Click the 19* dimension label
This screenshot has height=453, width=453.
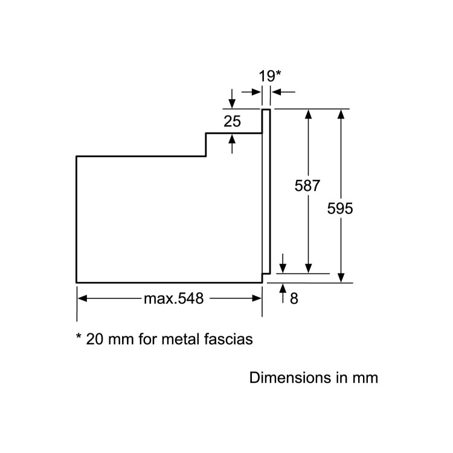pyautogui.click(x=269, y=76)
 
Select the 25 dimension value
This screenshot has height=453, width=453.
pyautogui.click(x=232, y=121)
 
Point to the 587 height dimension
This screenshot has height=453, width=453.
pyautogui.click(x=307, y=185)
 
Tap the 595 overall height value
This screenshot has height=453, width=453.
pyautogui.click(x=340, y=208)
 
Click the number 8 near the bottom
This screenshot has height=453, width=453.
pyautogui.click(x=294, y=298)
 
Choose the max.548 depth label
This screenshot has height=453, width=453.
pyautogui.click(x=173, y=298)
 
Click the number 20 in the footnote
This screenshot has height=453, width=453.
pyautogui.click(x=94, y=339)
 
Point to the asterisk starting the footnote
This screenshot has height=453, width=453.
pyautogui.click(x=79, y=336)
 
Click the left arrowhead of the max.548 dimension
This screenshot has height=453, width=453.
pyautogui.click(x=83, y=298)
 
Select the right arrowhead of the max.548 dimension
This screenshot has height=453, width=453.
pyautogui.click(x=257, y=298)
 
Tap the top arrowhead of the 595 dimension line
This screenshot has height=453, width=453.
pyautogui.click(x=341, y=114)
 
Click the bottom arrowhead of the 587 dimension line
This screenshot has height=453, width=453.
pyautogui.click(x=308, y=268)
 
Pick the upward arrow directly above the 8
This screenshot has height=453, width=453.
pyautogui.click(x=283, y=293)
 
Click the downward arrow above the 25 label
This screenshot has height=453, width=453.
pyautogui.click(x=232, y=99)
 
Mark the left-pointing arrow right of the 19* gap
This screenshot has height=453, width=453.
pyautogui.click(x=283, y=92)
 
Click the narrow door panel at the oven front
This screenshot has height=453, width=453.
pyautogui.click(x=266, y=191)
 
